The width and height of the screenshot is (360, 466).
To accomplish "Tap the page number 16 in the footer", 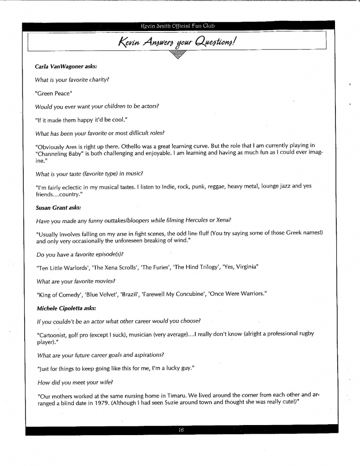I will point(181,431).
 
